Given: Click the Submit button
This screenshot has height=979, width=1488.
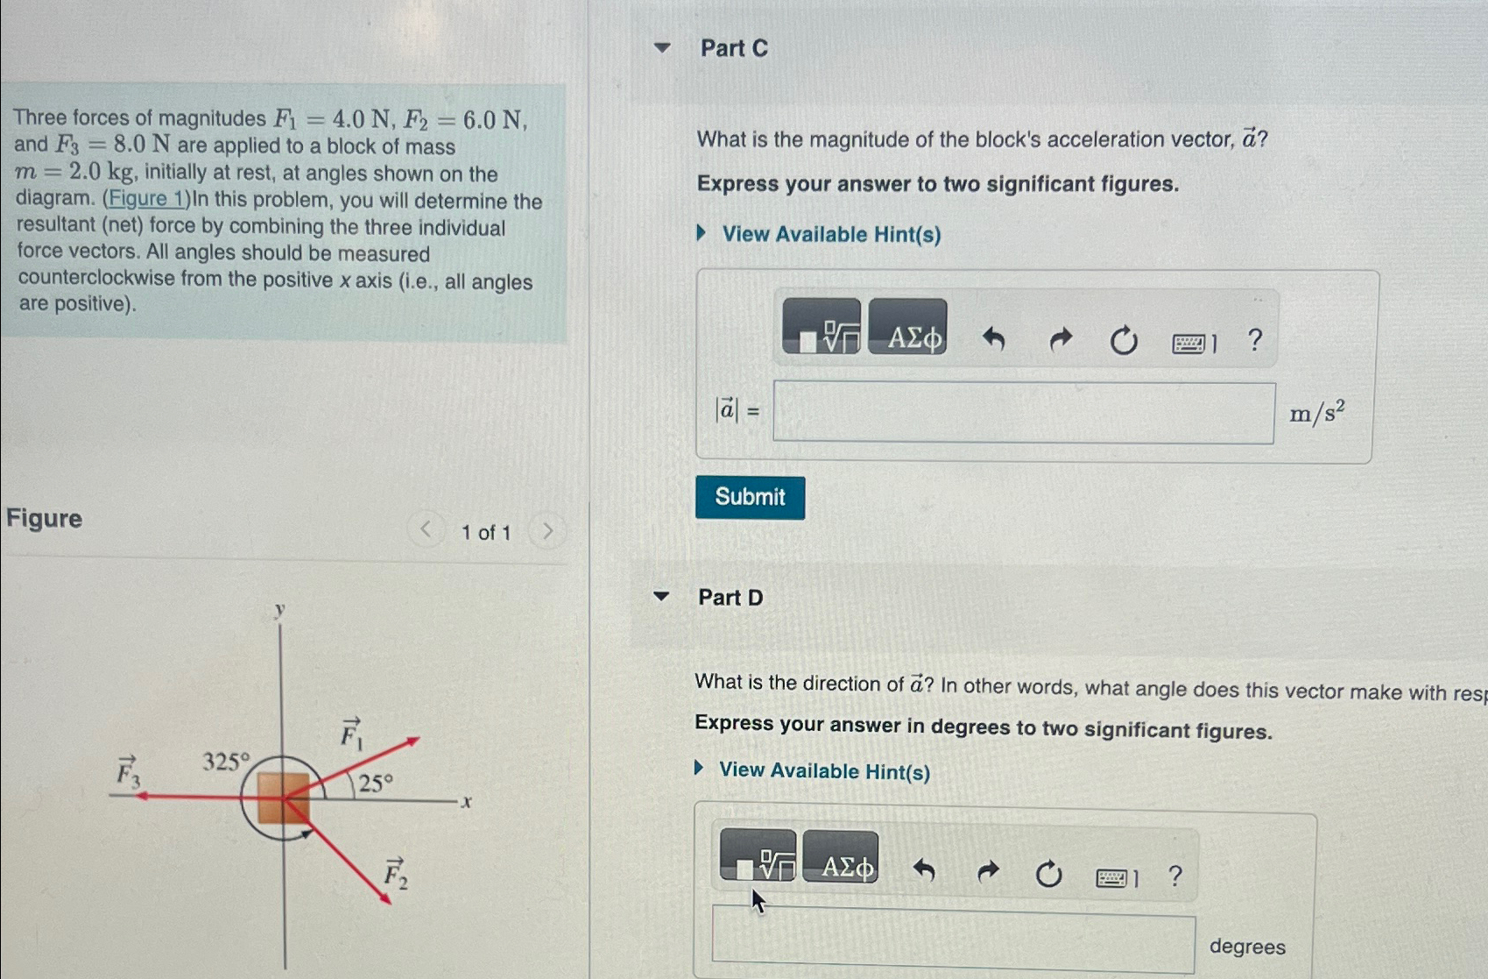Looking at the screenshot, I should tap(750, 497).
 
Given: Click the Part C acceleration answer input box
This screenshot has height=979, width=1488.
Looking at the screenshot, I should tap(1023, 413).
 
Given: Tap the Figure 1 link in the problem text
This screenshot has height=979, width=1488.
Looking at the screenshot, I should tap(145, 199).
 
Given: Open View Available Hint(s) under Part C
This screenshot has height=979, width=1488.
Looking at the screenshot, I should tap(830, 234).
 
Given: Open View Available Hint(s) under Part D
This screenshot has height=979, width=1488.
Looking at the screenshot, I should tap(823, 770).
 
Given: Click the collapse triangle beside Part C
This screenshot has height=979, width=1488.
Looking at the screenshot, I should tap(662, 48).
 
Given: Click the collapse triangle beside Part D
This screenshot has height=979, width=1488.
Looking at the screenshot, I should tap(661, 597).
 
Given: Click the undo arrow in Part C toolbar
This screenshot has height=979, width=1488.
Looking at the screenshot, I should tap(993, 338).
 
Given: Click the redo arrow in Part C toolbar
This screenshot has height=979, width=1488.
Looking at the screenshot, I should tap(1060, 338).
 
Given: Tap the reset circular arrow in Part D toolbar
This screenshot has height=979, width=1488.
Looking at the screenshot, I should tap(1048, 874).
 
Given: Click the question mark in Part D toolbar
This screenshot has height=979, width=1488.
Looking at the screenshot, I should tap(1175, 876).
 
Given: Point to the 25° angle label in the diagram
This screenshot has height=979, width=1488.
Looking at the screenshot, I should tap(376, 783).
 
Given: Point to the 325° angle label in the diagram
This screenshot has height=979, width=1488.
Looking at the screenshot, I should tap(226, 761).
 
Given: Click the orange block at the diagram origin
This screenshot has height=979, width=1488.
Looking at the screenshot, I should tap(283, 797).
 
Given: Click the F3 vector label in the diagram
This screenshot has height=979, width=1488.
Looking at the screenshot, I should tap(129, 772).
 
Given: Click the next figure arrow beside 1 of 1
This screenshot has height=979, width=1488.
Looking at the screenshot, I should tap(547, 531).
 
